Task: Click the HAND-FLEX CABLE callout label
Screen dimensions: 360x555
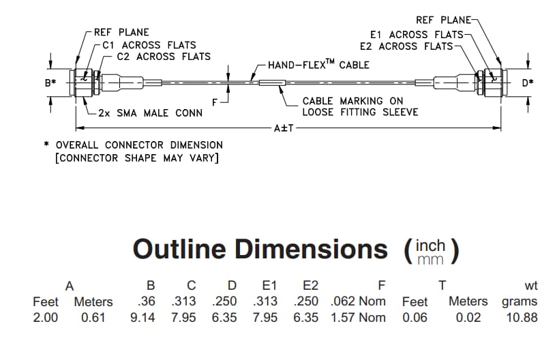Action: [318, 65]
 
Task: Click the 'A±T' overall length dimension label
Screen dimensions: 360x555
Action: [282, 127]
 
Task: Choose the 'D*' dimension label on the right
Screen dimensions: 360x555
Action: [527, 83]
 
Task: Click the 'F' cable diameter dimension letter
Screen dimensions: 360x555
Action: [215, 102]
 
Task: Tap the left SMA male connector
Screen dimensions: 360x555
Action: [85, 82]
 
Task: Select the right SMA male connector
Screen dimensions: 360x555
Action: [490, 82]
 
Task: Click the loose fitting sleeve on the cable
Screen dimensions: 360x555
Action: [271, 83]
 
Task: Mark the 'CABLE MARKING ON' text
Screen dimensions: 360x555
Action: [353, 101]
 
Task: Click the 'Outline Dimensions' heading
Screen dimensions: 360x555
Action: [260, 249]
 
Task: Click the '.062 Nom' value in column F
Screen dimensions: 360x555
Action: [358, 301]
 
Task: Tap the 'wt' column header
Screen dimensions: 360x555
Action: [529, 285]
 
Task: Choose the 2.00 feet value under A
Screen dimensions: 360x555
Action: [46, 317]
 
